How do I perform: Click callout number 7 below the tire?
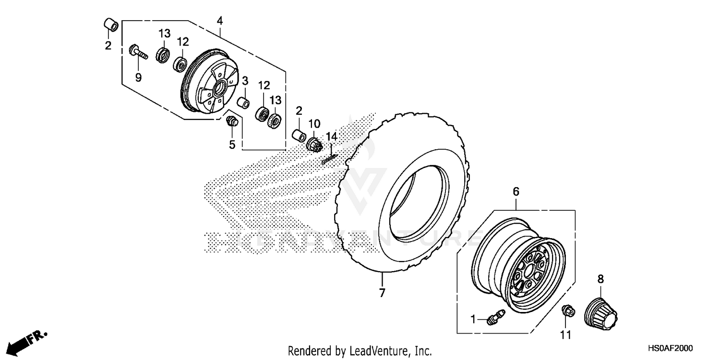coord(382,292)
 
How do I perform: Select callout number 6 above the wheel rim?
coord(516,192)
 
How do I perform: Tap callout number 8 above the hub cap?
coord(600,279)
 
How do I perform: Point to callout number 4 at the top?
coord(220,21)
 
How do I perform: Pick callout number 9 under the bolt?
coord(138,77)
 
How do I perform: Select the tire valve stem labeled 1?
coord(494,318)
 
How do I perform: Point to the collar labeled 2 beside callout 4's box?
coord(111,25)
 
